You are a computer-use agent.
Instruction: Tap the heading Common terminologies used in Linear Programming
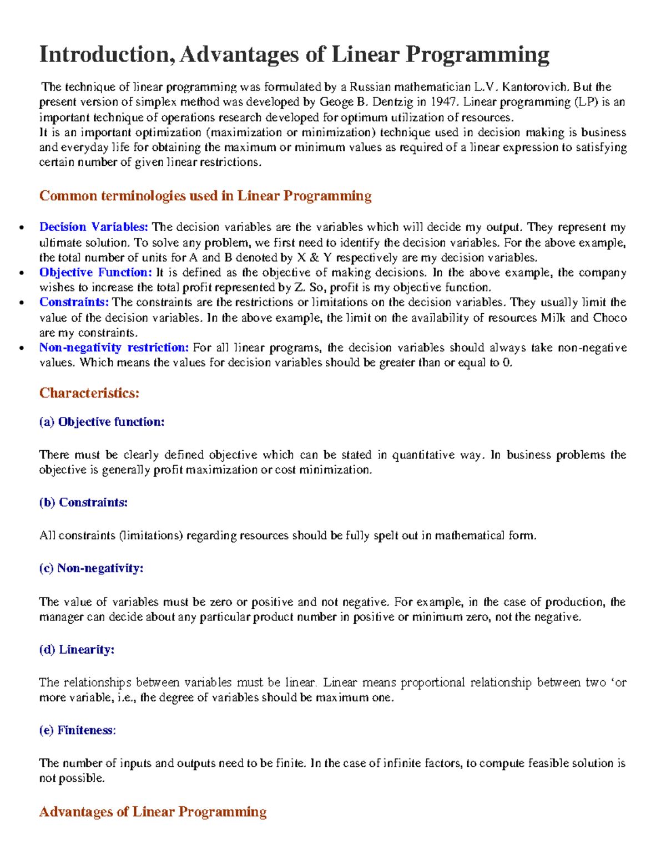205,196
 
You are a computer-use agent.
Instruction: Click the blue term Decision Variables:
93,227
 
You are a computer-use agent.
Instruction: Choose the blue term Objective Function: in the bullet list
95,272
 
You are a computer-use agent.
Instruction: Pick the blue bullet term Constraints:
74,302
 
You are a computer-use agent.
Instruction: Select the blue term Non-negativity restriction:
114,348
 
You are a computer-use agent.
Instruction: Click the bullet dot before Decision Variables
22,228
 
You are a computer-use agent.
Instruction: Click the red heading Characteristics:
89,393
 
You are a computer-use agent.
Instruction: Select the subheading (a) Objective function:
102,422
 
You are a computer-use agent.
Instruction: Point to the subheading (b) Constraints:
83,502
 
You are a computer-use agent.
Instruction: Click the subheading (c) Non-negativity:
91,568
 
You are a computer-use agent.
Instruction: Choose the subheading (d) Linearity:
77,650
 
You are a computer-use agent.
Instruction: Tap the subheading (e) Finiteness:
77,730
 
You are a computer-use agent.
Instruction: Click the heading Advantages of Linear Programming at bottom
153,812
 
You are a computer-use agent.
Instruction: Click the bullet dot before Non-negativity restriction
22,349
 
